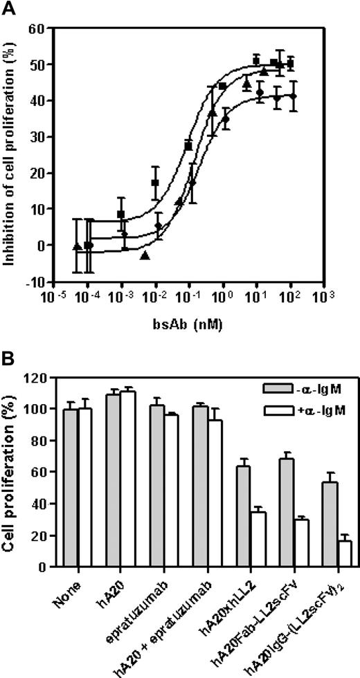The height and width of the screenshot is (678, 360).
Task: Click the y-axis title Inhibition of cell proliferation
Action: (11, 154)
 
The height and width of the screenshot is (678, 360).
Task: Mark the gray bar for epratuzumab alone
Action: (158, 486)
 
